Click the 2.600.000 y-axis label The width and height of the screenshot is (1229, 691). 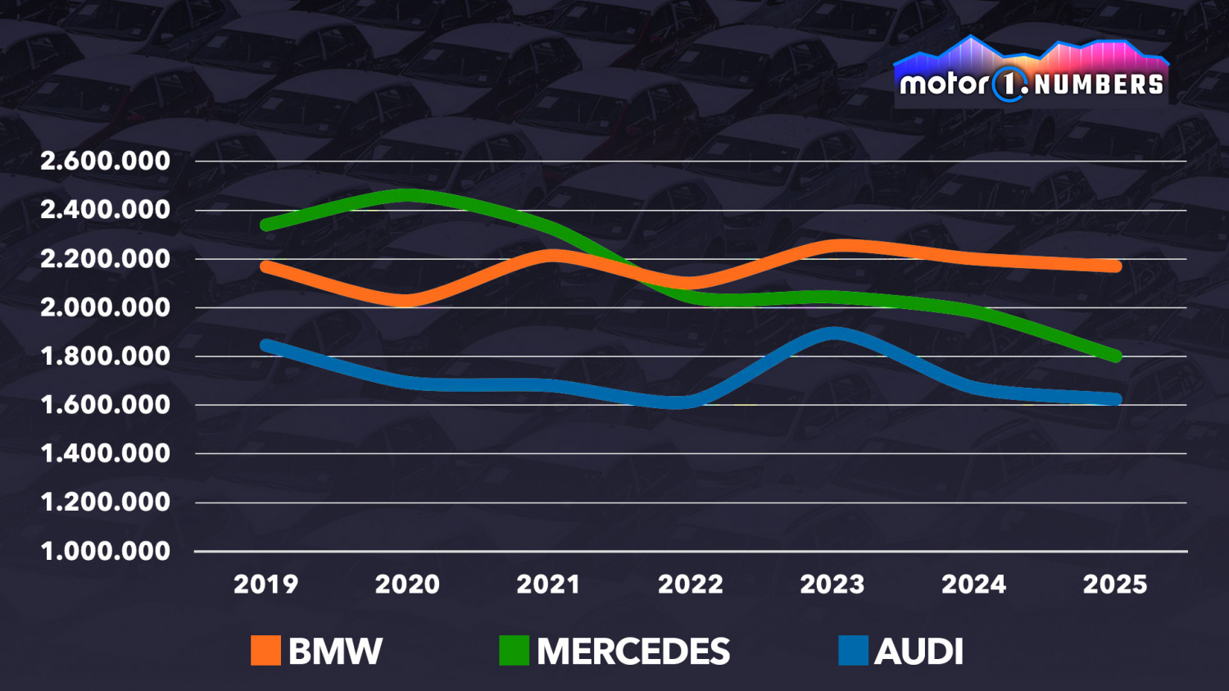point(106,161)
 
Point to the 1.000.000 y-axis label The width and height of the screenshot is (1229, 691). point(106,551)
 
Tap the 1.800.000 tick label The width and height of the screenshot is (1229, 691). point(106,356)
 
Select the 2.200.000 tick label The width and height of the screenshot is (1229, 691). point(106,258)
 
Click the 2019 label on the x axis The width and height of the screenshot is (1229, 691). point(265,584)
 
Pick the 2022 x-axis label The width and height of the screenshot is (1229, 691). point(691,584)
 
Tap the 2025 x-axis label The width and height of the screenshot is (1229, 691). point(1115,584)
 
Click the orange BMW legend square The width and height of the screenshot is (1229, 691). point(265,650)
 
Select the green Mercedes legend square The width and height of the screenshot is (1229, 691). point(514,650)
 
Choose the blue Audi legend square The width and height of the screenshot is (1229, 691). point(853,650)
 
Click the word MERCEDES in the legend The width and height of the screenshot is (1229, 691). point(633,652)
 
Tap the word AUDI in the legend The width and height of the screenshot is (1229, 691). point(918,652)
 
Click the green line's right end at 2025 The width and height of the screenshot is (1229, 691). point(1115,356)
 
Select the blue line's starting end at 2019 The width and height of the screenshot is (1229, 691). point(265,345)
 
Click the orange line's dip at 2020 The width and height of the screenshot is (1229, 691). point(407,300)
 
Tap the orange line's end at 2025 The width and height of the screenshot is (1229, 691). point(1115,266)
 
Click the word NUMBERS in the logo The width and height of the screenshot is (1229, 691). point(1098,84)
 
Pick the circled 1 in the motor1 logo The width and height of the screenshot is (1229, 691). point(1009,84)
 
